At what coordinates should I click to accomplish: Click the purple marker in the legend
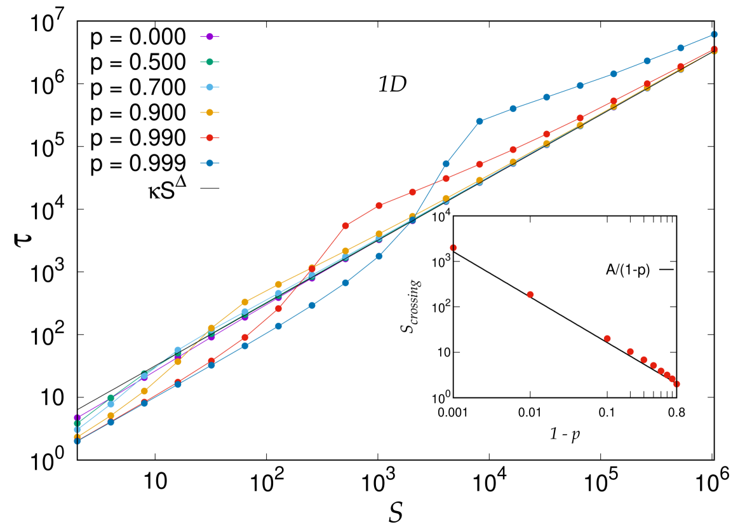210,37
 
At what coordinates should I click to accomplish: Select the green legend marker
210,62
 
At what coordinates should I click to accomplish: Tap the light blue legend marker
210,87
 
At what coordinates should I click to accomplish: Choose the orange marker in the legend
210,113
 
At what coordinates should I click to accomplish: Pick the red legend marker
210,138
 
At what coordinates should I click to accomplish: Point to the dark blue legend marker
210,163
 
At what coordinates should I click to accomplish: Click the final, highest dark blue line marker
714,34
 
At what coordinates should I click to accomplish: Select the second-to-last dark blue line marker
680,48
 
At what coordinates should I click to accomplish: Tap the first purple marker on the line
77,418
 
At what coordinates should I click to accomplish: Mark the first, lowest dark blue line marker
77,441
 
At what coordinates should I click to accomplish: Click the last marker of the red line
714,49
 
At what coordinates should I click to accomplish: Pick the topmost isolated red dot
453,247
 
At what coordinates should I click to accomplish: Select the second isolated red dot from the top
530,294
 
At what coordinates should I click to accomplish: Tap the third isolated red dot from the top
607,338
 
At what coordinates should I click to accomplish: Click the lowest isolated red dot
676,384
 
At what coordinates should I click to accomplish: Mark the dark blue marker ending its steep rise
480,121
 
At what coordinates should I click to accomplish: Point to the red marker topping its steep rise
346,226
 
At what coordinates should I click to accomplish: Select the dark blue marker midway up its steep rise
446,164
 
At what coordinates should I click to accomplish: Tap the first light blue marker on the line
77,430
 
